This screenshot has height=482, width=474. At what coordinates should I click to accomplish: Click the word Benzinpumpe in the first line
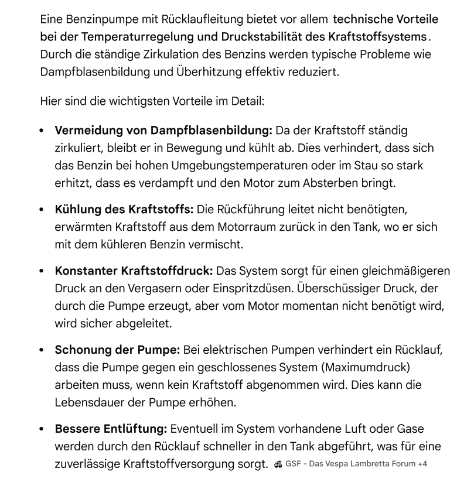pos(96,19)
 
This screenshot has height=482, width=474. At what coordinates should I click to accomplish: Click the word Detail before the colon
pos(245,101)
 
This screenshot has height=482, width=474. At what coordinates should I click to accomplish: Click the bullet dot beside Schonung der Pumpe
pos(42,351)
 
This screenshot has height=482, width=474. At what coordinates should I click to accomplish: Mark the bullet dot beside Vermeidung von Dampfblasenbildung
pos(42,131)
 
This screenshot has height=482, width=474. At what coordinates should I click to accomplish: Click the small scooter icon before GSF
pos(278,465)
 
